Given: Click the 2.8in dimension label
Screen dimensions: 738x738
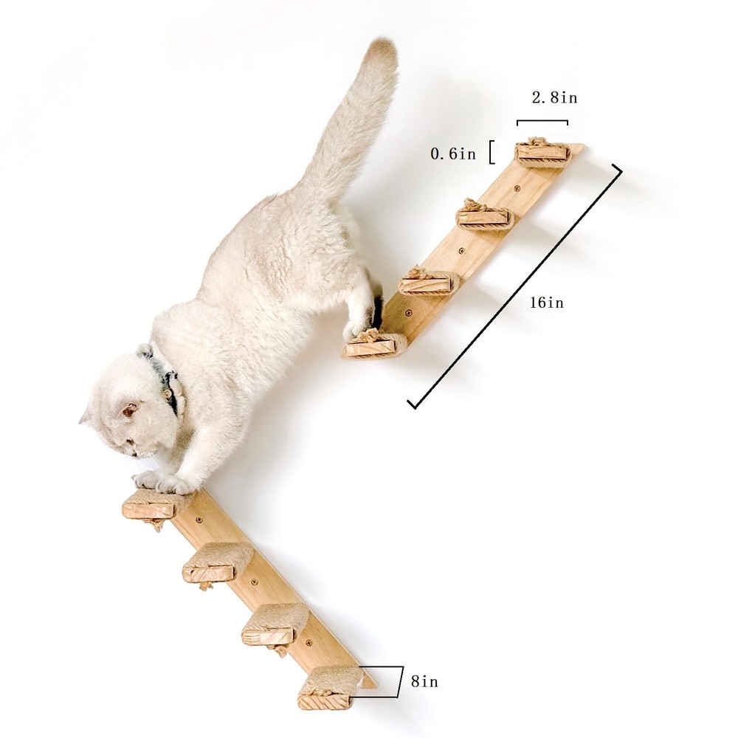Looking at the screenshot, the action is [x=554, y=97].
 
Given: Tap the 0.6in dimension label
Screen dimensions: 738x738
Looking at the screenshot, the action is [x=453, y=154].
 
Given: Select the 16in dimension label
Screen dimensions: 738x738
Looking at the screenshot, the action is [x=546, y=302].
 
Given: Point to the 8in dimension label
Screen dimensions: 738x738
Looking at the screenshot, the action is [x=424, y=681].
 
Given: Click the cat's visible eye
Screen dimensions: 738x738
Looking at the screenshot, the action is [x=129, y=410].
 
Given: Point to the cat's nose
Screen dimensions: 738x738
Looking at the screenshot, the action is [x=134, y=454].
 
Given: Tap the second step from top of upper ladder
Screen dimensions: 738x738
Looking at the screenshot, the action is [x=484, y=215].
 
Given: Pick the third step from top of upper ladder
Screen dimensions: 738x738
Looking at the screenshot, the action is [x=430, y=281].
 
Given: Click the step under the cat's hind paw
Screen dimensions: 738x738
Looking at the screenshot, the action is [x=375, y=345].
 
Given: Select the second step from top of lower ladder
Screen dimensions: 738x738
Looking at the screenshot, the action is [x=218, y=562].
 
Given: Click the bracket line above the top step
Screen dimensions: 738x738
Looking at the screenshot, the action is [x=542, y=122].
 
